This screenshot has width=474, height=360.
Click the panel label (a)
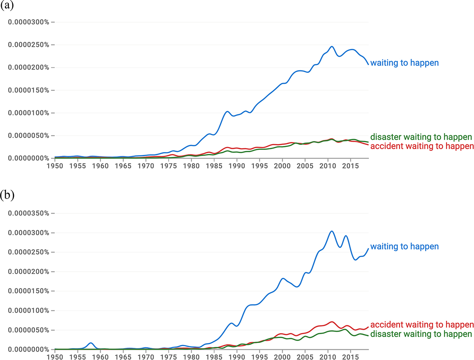click(7, 6)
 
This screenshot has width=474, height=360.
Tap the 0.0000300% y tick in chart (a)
click(29, 22)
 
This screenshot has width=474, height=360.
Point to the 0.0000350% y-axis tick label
click(29, 213)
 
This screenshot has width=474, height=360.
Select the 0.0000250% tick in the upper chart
click(29, 45)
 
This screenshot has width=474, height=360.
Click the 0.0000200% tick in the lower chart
click(29, 272)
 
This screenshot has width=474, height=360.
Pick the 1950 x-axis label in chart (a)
click(55, 166)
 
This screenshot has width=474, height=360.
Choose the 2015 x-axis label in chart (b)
click(350, 357)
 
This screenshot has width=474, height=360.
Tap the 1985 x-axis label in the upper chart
click(214, 166)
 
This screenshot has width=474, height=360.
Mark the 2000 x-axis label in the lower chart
click(282, 357)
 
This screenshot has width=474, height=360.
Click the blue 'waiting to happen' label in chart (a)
click(404, 63)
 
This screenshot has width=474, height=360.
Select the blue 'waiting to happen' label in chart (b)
click(404, 247)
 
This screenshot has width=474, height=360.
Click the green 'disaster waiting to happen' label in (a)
click(421, 137)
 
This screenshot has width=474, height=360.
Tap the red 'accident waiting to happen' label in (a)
click(422, 146)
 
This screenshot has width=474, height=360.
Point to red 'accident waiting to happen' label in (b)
click(422, 325)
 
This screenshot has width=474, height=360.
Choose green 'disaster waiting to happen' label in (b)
click(421, 334)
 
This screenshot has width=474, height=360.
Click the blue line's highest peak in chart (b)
click(332, 231)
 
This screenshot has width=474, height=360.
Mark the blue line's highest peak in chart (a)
click(332, 47)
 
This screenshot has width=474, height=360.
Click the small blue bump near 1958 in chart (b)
click(91, 343)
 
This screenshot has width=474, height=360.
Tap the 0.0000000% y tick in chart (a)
click(29, 158)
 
